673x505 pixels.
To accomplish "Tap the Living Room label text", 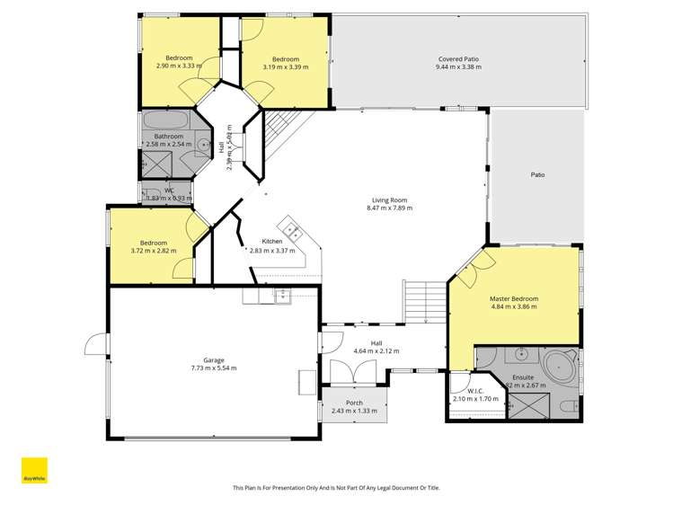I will (x=389, y=199).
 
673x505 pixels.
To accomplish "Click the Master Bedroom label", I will (x=514, y=297).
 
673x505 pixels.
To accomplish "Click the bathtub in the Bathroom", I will (x=164, y=120).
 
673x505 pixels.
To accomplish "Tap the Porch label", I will (x=353, y=402).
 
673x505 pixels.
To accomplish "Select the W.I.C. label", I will (x=475, y=390).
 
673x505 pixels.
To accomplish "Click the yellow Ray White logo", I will (x=34, y=473).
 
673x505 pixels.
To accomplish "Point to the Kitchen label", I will (x=272, y=242).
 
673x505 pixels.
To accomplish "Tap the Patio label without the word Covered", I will (x=538, y=174).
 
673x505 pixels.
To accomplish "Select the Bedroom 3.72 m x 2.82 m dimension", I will (x=154, y=251).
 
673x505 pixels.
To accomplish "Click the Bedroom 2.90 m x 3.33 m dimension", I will (x=179, y=66).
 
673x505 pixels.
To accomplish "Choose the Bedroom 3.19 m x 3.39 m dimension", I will (x=285, y=66).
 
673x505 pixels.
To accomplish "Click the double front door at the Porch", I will (x=341, y=372).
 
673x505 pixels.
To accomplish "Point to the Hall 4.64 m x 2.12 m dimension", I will (x=376, y=350).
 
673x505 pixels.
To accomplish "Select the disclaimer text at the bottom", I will (x=336, y=488).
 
